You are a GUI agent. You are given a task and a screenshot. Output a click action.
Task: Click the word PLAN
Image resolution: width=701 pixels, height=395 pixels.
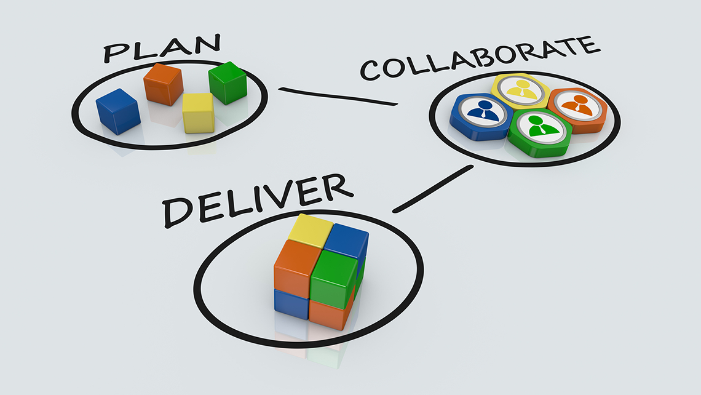pyautogui.click(x=162, y=48)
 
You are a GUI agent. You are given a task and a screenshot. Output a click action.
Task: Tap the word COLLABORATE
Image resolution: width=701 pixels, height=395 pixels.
pyautogui.click(x=480, y=58)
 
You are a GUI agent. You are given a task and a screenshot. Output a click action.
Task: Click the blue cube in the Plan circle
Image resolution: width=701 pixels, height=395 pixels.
pyautogui.click(x=118, y=111)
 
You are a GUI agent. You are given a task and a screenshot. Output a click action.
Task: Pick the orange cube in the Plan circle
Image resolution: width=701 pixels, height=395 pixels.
pyautogui.click(x=163, y=84)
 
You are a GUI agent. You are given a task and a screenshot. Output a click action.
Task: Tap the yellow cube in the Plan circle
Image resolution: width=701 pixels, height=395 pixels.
pyautogui.click(x=199, y=113)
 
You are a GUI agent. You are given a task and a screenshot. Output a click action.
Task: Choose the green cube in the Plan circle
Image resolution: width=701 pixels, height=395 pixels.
pyautogui.click(x=228, y=83)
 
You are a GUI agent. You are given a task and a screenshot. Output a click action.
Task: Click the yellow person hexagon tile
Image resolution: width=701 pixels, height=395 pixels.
pyautogui.click(x=521, y=91)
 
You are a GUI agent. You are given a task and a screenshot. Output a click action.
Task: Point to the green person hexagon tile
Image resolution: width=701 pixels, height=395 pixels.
pyautogui.click(x=540, y=133)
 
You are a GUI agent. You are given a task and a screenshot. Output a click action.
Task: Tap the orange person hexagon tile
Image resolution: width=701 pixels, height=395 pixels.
pyautogui.click(x=579, y=110)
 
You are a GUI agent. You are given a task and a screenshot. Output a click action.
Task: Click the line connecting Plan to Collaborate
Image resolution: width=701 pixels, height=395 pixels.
pyautogui.click(x=338, y=97)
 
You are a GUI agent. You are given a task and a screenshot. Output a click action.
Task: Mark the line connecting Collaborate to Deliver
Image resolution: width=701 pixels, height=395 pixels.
pyautogui.click(x=433, y=189)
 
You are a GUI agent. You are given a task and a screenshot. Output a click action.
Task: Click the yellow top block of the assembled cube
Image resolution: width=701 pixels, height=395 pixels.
pyautogui.click(x=311, y=230)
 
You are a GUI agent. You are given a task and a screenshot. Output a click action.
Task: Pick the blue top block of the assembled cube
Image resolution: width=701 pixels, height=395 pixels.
pyautogui.click(x=346, y=242)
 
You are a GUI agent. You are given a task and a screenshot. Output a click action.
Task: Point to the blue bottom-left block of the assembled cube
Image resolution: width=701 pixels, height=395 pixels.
pyautogui.click(x=291, y=304)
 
